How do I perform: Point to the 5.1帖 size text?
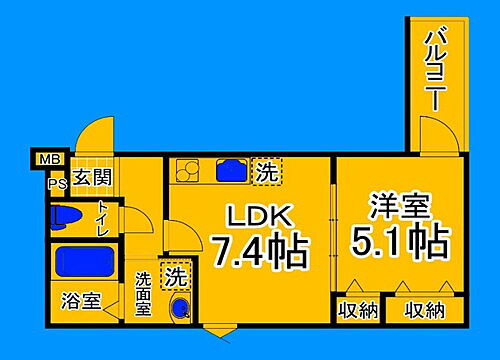399,241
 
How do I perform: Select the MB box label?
47,159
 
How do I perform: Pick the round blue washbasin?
179,308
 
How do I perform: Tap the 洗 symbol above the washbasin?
177,275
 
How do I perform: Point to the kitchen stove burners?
189,172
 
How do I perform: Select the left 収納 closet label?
357,310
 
